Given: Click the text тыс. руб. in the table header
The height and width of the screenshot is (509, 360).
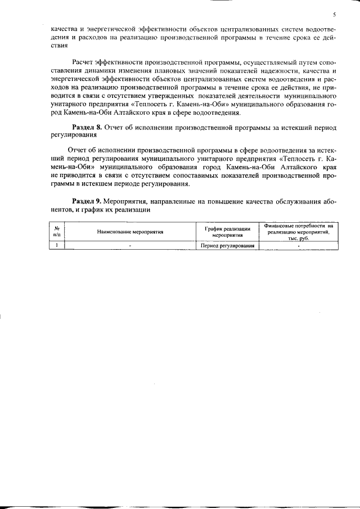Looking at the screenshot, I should click(299, 238).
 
